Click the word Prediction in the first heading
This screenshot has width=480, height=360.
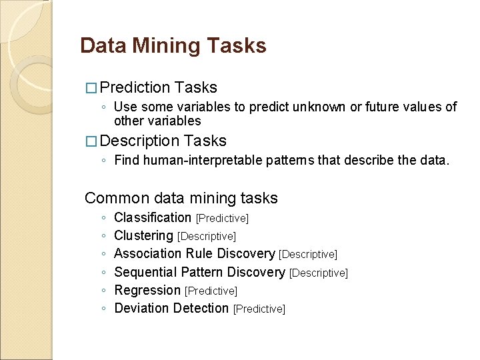(135, 87)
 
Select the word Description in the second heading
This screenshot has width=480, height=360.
(139, 141)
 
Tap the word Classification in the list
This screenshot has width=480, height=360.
(153, 217)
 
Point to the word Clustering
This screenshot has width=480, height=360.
(143, 235)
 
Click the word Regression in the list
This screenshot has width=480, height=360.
(147, 290)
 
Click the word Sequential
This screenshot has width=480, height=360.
(143, 272)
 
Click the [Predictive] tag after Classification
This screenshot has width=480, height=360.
(222, 219)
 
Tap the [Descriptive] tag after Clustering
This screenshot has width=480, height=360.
(207, 237)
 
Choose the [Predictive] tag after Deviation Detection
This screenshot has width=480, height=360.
(259, 309)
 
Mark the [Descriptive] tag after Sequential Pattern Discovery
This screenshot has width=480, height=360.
(319, 273)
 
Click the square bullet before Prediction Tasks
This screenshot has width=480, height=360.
(91, 88)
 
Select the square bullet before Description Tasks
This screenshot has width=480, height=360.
(91, 141)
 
